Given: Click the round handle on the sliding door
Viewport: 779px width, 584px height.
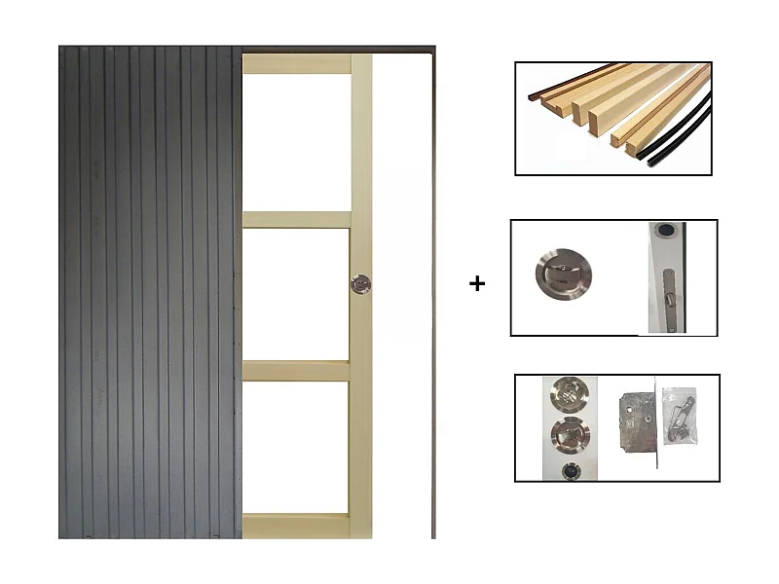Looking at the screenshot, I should point(360,283).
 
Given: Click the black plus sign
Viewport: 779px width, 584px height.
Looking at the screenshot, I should point(476,284).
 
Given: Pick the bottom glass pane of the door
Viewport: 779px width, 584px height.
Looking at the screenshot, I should point(296,447).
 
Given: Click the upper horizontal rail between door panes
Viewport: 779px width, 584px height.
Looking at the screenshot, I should point(296,220).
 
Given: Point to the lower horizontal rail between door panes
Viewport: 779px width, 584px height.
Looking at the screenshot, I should point(296,371).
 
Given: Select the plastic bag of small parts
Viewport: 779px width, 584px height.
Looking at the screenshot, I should point(679,416).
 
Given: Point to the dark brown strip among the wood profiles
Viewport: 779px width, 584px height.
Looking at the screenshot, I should point(555,86).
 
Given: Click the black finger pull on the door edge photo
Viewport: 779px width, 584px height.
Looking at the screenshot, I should point(665,233).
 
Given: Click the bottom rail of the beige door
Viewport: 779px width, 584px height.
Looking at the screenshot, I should point(296,526).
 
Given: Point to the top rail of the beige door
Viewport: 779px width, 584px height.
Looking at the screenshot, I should point(296,64).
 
